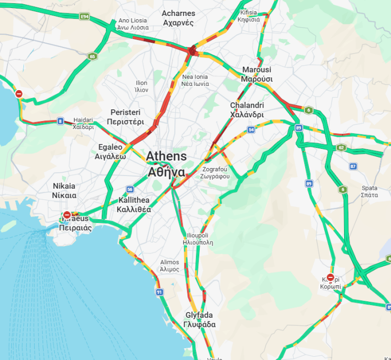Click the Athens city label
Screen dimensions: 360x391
click(x=167, y=164)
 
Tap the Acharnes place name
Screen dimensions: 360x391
click(x=179, y=18)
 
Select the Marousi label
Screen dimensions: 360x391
click(x=257, y=74)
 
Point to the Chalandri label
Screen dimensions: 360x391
click(x=247, y=110)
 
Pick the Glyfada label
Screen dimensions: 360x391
click(x=199, y=319)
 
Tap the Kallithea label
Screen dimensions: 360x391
click(x=134, y=205)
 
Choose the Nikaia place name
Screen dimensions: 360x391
click(x=64, y=190)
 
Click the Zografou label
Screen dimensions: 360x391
click(x=216, y=173)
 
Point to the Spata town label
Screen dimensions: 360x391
click(x=369, y=191)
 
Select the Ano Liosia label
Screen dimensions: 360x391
click(x=133, y=23)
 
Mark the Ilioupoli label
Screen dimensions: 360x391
click(x=200, y=238)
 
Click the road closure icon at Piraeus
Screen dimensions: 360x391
click(x=67, y=215)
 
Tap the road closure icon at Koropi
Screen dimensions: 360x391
click(x=330, y=277)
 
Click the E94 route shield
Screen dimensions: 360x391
click(x=84, y=17)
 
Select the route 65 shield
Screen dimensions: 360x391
click(x=93, y=56)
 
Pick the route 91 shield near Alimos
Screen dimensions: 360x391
click(x=159, y=292)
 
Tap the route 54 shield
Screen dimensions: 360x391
click(x=251, y=130)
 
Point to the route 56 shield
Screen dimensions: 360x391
click(x=129, y=189)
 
